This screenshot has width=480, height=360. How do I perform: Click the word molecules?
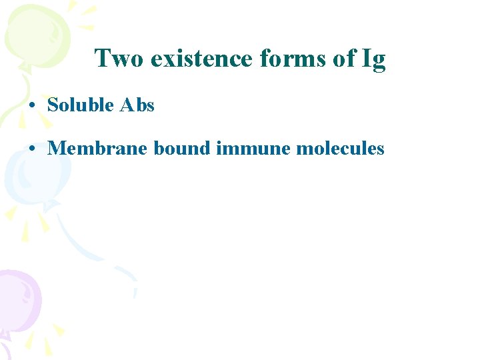point(340,148)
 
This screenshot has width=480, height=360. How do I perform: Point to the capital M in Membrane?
point(56,148)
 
